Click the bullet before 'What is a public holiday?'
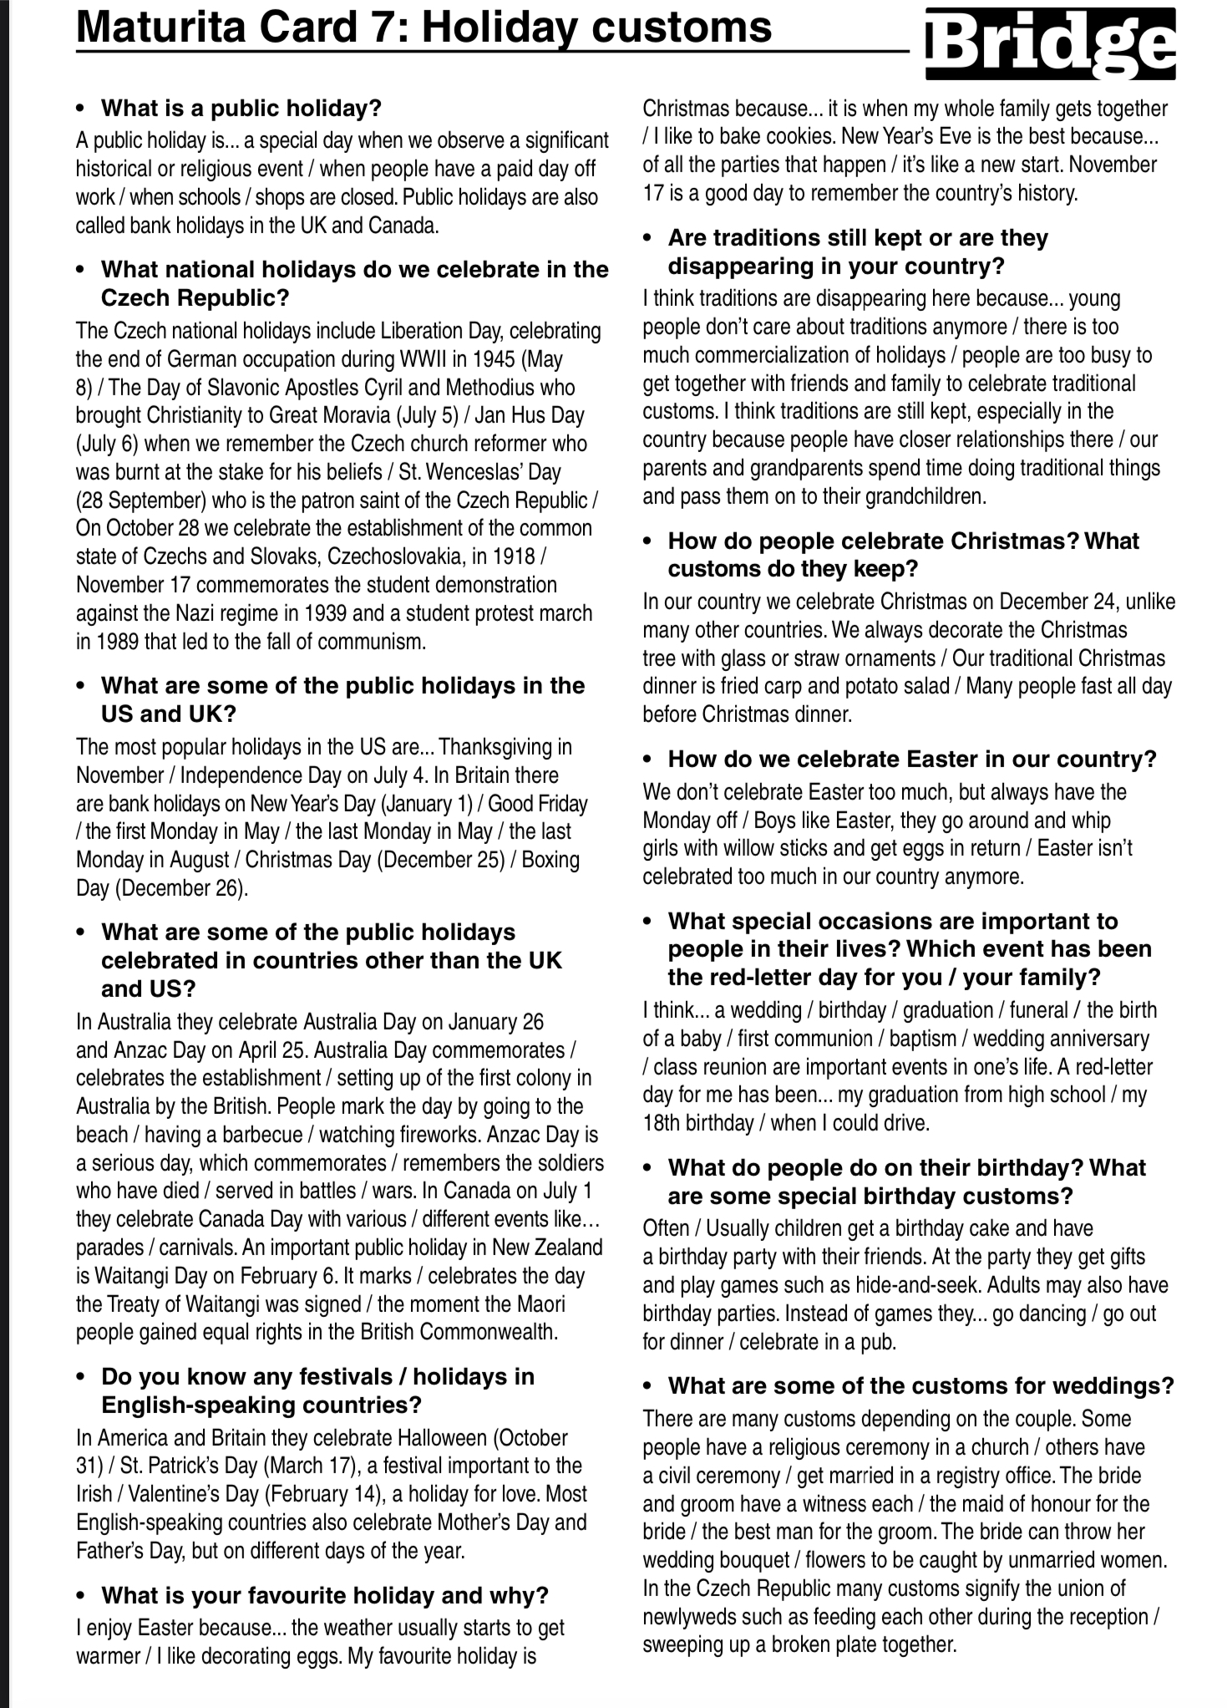(80, 109)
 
